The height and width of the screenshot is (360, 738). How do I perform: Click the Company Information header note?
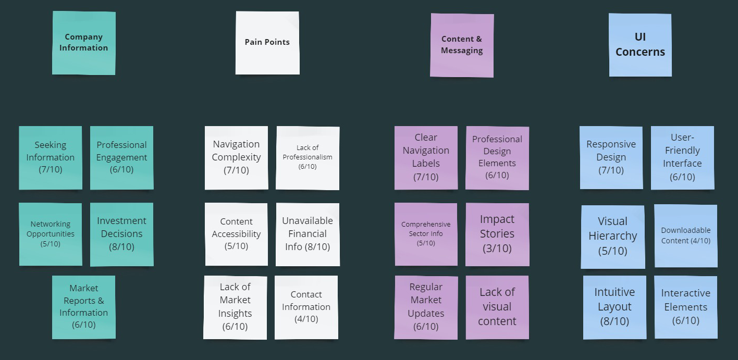point(83,43)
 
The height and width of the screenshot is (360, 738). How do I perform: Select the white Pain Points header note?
point(267,43)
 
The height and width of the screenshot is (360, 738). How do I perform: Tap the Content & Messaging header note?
point(462,45)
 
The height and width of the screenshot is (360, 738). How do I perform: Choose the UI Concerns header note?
point(640,45)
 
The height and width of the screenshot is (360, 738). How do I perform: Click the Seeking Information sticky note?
point(51,157)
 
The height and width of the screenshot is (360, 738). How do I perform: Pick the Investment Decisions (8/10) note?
point(121,234)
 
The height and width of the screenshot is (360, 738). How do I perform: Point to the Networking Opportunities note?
point(51,234)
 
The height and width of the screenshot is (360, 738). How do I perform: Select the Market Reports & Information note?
point(83,307)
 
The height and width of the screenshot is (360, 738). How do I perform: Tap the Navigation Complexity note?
point(236,157)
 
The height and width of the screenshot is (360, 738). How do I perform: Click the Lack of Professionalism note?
point(308,157)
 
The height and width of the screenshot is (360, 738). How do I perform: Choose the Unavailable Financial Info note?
point(308,234)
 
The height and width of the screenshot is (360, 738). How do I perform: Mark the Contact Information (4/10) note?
point(306,307)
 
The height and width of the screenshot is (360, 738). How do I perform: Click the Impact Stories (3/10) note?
point(497,234)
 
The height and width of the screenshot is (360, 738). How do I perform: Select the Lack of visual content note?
point(497,307)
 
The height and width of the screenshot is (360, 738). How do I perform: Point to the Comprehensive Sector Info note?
point(426,234)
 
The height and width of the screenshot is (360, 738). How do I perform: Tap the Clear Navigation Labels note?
point(426,157)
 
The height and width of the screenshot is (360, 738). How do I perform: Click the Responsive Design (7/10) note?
point(611,157)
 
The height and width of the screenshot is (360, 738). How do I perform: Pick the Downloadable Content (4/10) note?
point(686,235)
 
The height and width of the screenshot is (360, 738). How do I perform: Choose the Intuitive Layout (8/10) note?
point(614,307)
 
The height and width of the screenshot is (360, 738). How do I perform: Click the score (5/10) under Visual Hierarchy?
point(613,251)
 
